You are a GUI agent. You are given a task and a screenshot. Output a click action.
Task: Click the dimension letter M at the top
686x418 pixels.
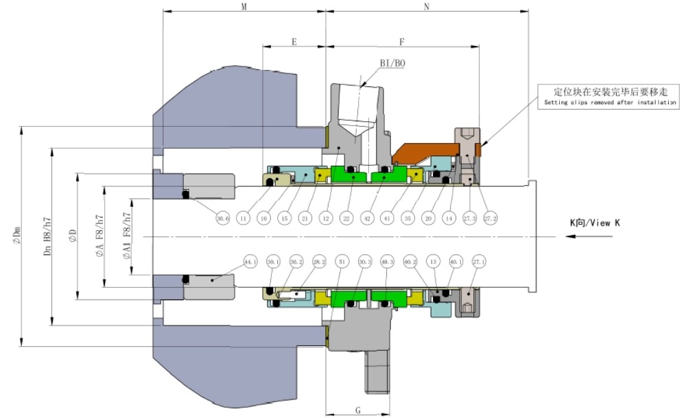tap(244, 6)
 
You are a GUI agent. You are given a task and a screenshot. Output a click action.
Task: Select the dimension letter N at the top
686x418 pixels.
tap(427, 6)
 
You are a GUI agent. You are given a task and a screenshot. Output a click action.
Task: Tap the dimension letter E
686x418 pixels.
tap(294, 42)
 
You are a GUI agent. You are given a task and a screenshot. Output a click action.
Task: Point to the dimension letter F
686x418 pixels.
tap(402, 42)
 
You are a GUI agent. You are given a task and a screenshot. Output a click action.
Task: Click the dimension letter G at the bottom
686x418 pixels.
tap(358, 410)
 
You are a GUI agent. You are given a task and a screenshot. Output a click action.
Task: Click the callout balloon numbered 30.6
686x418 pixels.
tap(222, 219)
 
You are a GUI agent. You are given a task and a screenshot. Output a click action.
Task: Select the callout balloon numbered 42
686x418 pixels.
tap(368, 219)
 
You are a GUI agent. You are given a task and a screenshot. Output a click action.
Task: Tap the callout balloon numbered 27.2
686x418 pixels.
tap(490, 219)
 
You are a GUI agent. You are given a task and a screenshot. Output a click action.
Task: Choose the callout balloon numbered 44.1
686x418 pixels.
tap(250, 261)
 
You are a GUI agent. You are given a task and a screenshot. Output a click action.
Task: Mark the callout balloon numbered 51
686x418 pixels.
tap(341, 261)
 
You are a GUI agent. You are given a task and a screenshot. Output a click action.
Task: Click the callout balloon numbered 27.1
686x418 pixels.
tap(479, 261)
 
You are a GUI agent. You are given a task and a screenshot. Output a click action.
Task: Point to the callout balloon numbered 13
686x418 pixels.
tap(433, 261)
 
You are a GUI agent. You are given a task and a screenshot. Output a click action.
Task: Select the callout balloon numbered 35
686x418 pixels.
tap(409, 219)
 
